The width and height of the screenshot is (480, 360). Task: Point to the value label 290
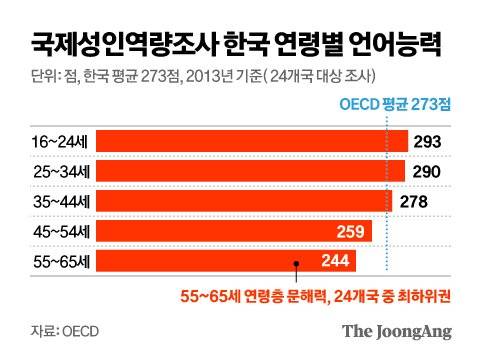tap(426, 172)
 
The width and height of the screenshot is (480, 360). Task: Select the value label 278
tap(415, 202)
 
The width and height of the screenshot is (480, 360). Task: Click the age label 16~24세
tap(52, 142)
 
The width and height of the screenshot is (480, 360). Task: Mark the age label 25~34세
tap(52, 172)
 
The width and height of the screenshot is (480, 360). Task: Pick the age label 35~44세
tap(52, 202)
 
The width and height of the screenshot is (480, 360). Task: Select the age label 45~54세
tap(52, 232)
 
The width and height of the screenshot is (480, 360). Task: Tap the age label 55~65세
tap(52, 262)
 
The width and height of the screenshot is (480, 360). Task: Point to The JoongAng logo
tap(397, 330)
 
